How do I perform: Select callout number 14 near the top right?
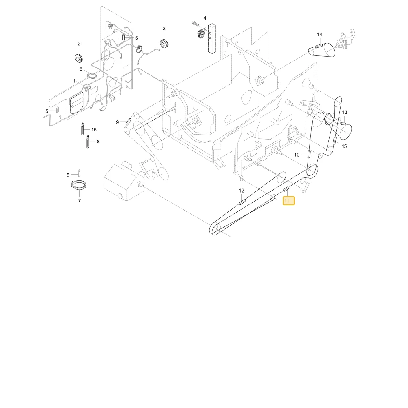[319, 34]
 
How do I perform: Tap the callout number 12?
[242, 191]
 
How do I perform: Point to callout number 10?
[297, 155]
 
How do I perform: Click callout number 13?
[344, 112]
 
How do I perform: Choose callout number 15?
[344, 146]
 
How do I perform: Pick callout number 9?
[118, 122]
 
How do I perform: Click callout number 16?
[94, 130]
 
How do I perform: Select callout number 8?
[98, 142]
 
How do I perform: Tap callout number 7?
[80, 200]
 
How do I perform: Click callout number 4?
[205, 18]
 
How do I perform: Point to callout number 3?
[164, 29]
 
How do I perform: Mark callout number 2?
[79, 44]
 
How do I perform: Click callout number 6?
[81, 69]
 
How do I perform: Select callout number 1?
[74, 81]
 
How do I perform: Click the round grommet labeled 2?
[79, 58]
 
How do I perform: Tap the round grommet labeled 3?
[164, 43]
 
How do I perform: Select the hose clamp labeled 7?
[78, 185]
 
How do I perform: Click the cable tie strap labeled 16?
[82, 129]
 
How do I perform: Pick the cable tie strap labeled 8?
[88, 142]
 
